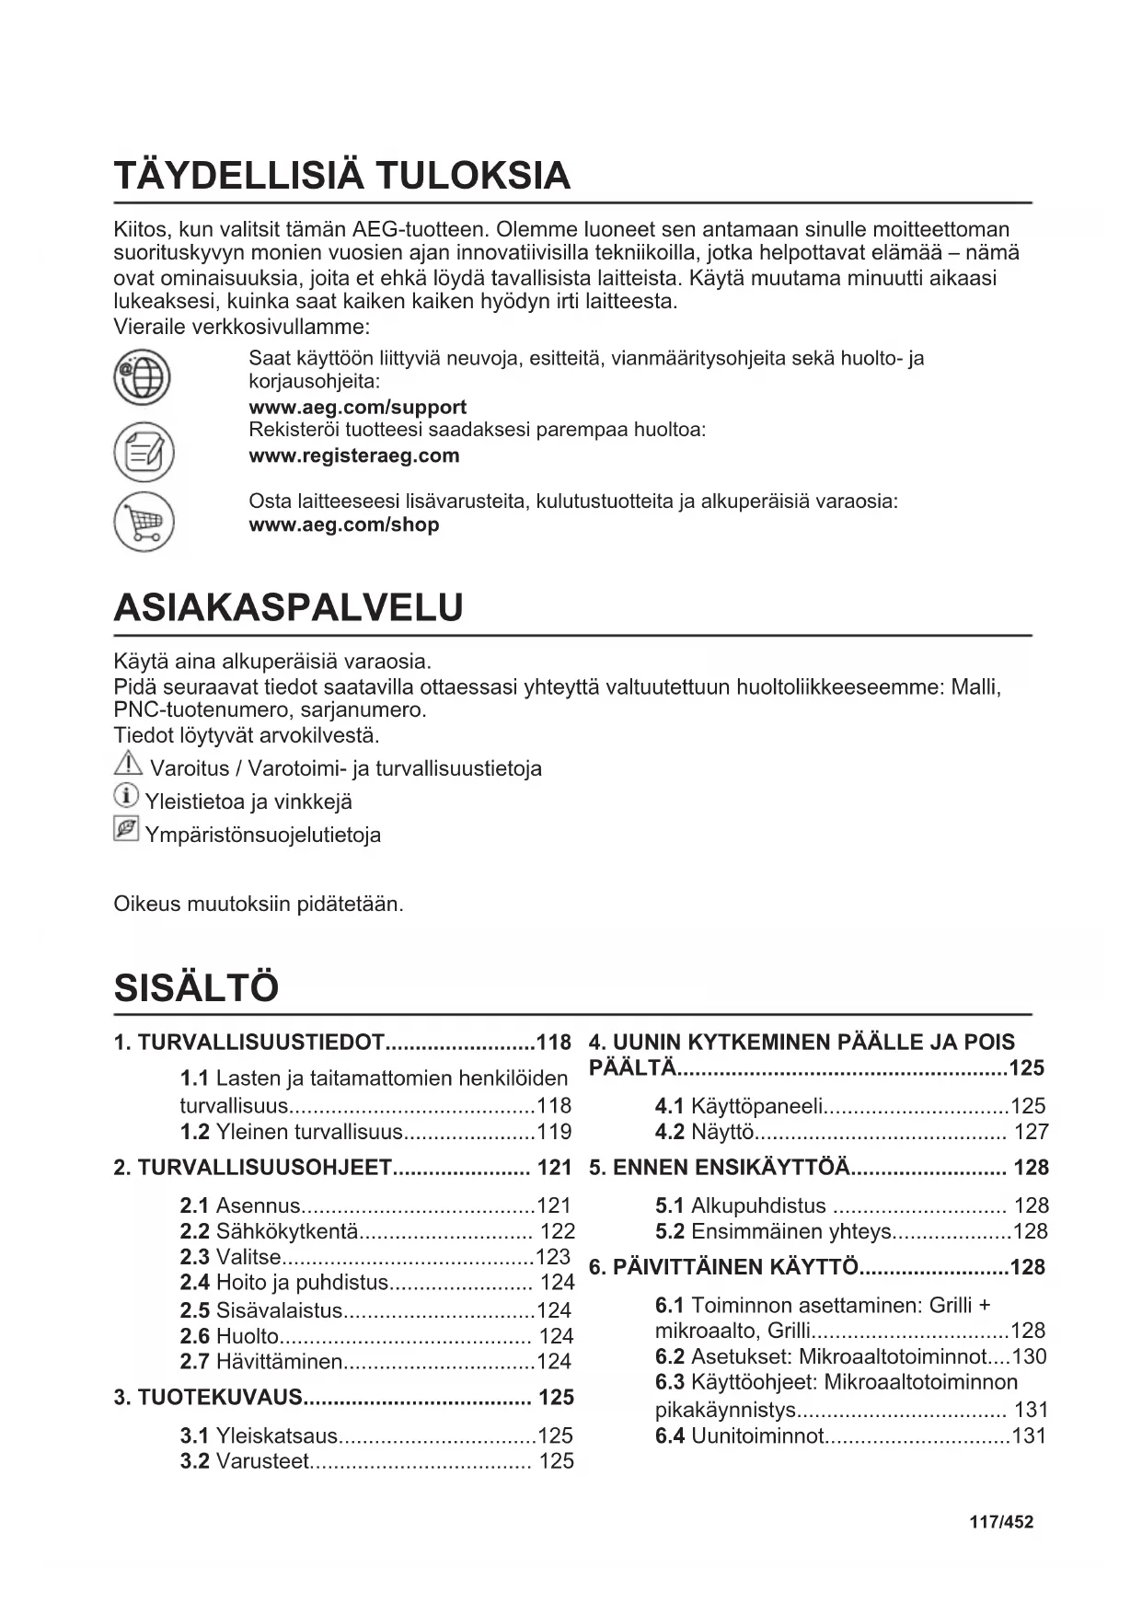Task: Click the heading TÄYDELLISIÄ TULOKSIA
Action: point(341,176)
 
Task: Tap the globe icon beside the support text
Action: point(143,377)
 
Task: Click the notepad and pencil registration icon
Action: point(143,452)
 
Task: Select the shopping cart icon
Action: point(143,523)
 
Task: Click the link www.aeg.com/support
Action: point(357,407)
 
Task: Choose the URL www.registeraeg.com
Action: point(353,455)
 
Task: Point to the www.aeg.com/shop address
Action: point(343,525)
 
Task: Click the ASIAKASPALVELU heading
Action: point(288,608)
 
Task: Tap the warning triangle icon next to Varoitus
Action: point(128,763)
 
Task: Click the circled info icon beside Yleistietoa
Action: point(126,796)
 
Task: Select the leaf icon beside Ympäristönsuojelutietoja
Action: point(126,829)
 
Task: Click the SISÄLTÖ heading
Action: point(196,988)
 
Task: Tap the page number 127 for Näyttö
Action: point(1031,1132)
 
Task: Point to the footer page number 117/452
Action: point(1001,1522)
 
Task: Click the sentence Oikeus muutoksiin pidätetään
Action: point(259,904)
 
